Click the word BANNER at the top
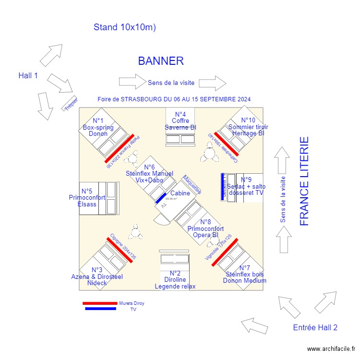pos(161,61)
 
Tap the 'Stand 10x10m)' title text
pos(125,27)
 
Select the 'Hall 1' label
pos(28,75)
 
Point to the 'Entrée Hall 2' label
pos(315,327)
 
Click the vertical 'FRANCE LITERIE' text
pos(304,181)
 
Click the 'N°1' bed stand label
pos(98,120)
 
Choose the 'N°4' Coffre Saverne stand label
pos(180,114)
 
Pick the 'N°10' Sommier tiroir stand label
pos(248,120)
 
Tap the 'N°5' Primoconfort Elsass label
pos(87,191)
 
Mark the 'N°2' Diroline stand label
pos(175,273)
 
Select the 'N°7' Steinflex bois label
pos(244,268)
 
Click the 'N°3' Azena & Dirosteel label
pos(97,270)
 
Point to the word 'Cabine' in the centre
pos(180,193)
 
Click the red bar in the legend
pos(100,303)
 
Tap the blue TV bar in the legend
pos(100,309)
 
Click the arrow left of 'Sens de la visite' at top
pos(132,82)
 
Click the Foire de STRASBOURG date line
pos(174,99)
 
